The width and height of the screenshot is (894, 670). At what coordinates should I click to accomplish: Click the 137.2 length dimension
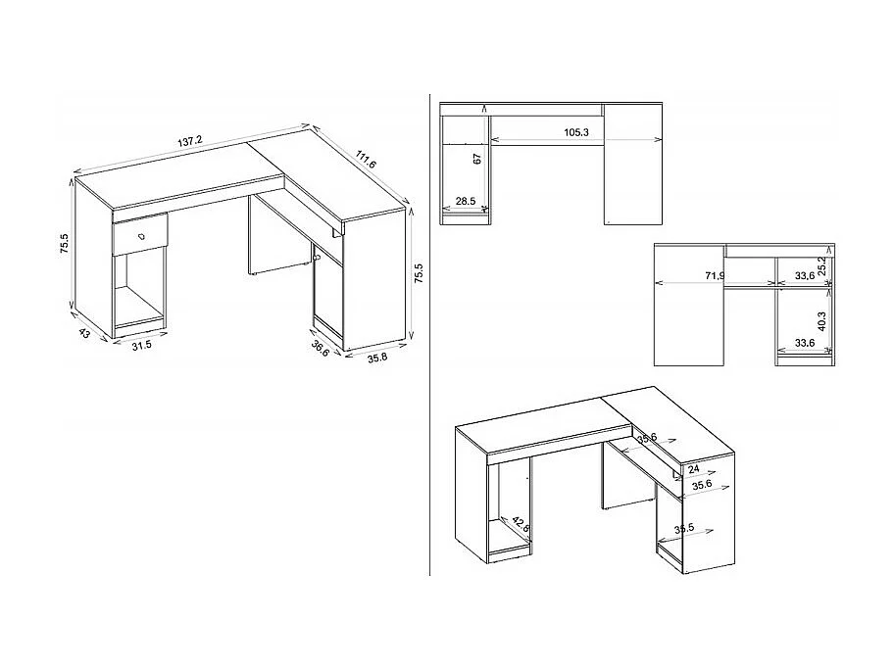(190, 141)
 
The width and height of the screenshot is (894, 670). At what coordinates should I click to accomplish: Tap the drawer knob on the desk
(139, 235)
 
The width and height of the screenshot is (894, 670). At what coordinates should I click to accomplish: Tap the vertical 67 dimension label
(477, 159)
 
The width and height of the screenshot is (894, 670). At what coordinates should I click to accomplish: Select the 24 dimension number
(693, 470)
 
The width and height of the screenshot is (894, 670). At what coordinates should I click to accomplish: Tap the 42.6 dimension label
(525, 525)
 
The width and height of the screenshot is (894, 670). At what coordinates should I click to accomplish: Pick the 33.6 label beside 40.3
(806, 343)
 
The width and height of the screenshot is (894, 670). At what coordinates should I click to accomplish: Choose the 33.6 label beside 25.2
(804, 277)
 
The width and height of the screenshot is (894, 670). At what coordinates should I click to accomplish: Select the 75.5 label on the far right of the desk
(420, 273)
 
